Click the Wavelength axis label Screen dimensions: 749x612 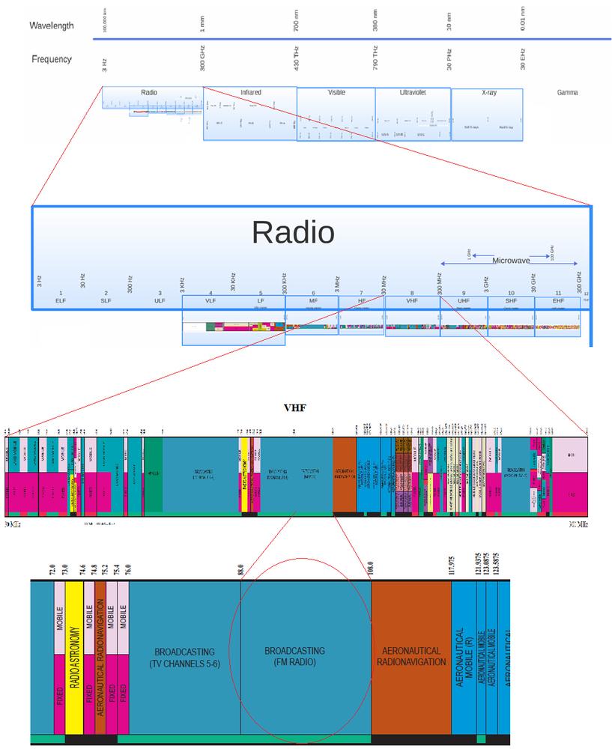click(x=52, y=25)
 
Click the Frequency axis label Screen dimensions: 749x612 click(x=52, y=59)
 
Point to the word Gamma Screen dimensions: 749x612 click(x=567, y=93)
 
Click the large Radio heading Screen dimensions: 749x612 click(x=293, y=233)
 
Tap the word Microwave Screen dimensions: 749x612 click(x=511, y=261)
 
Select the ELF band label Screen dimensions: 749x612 click(x=61, y=300)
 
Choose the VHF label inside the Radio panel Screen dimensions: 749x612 click(x=411, y=300)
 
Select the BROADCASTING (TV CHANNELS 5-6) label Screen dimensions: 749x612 click(x=184, y=657)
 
